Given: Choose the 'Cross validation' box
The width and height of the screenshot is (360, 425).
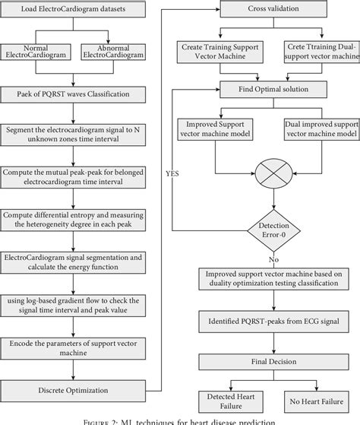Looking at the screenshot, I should coord(267,11).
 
